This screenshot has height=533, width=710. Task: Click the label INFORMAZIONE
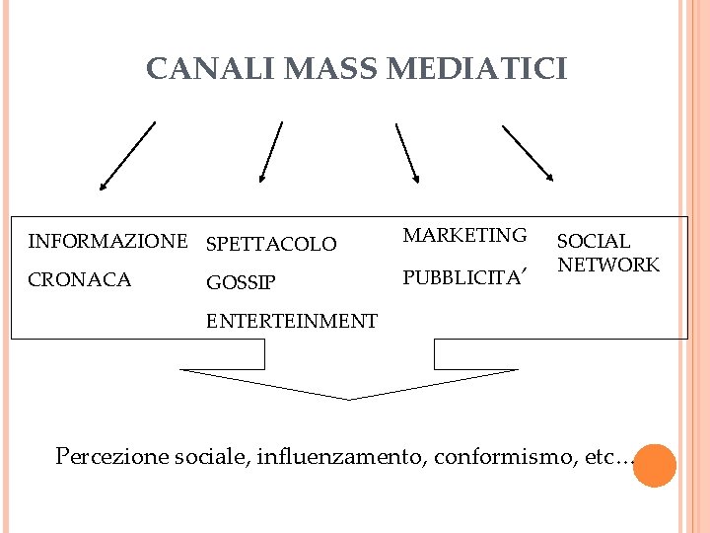point(107,241)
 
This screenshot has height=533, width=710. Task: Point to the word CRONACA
point(80,280)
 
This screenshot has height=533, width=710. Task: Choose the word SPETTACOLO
point(271,244)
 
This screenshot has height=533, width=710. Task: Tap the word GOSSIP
point(241,283)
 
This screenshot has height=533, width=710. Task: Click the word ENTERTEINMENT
point(291,321)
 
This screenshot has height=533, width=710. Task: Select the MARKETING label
point(465,235)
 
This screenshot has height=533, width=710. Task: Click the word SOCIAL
point(594,241)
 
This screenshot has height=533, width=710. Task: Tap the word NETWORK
point(608,265)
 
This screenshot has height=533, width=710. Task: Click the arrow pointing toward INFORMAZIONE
point(127,155)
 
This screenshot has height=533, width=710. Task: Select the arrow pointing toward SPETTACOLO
point(270,152)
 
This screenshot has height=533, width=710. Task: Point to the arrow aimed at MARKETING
point(407,153)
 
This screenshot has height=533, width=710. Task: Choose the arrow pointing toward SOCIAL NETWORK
point(528,153)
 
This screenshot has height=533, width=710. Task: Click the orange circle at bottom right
point(654,465)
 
